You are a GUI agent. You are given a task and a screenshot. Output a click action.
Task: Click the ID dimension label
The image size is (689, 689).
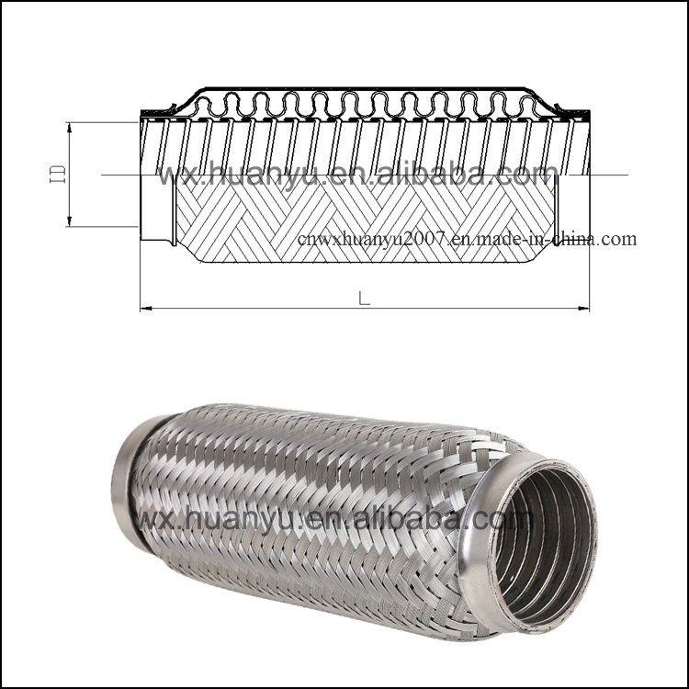click(55, 175)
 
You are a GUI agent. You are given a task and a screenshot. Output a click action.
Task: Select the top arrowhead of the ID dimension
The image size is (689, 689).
click(70, 127)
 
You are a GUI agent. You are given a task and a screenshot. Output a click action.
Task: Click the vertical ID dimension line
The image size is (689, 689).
click(70, 198)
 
